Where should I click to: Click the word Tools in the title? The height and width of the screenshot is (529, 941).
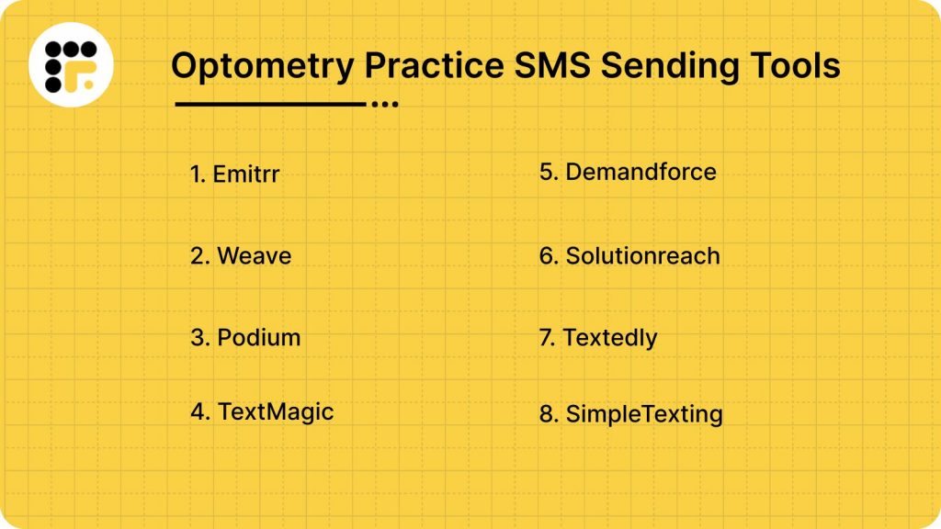pyautogui.click(x=796, y=66)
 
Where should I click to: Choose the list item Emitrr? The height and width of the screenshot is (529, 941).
pyautogui.click(x=245, y=174)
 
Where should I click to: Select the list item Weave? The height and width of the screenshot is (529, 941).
pyautogui.click(x=254, y=255)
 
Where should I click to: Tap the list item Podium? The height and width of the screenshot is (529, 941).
pyautogui.click(x=258, y=338)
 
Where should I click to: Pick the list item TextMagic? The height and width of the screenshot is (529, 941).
pyautogui.click(x=275, y=411)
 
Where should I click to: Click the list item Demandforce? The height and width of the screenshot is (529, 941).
pyautogui.click(x=641, y=172)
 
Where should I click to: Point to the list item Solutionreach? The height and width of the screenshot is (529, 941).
pyautogui.click(x=642, y=255)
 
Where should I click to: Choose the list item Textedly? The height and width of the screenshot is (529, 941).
pyautogui.click(x=609, y=338)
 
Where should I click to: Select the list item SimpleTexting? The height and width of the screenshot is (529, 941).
pyautogui.click(x=643, y=414)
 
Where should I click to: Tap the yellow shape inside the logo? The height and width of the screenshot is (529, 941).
pyautogui.click(x=85, y=79)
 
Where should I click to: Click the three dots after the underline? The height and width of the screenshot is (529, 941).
pyautogui.click(x=384, y=105)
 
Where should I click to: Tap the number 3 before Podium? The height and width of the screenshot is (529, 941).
pyautogui.click(x=198, y=338)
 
